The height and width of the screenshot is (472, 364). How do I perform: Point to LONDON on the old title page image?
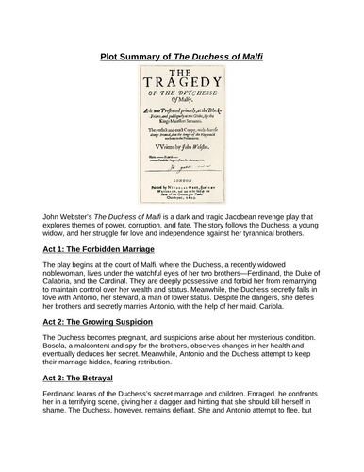coord(181,179)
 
